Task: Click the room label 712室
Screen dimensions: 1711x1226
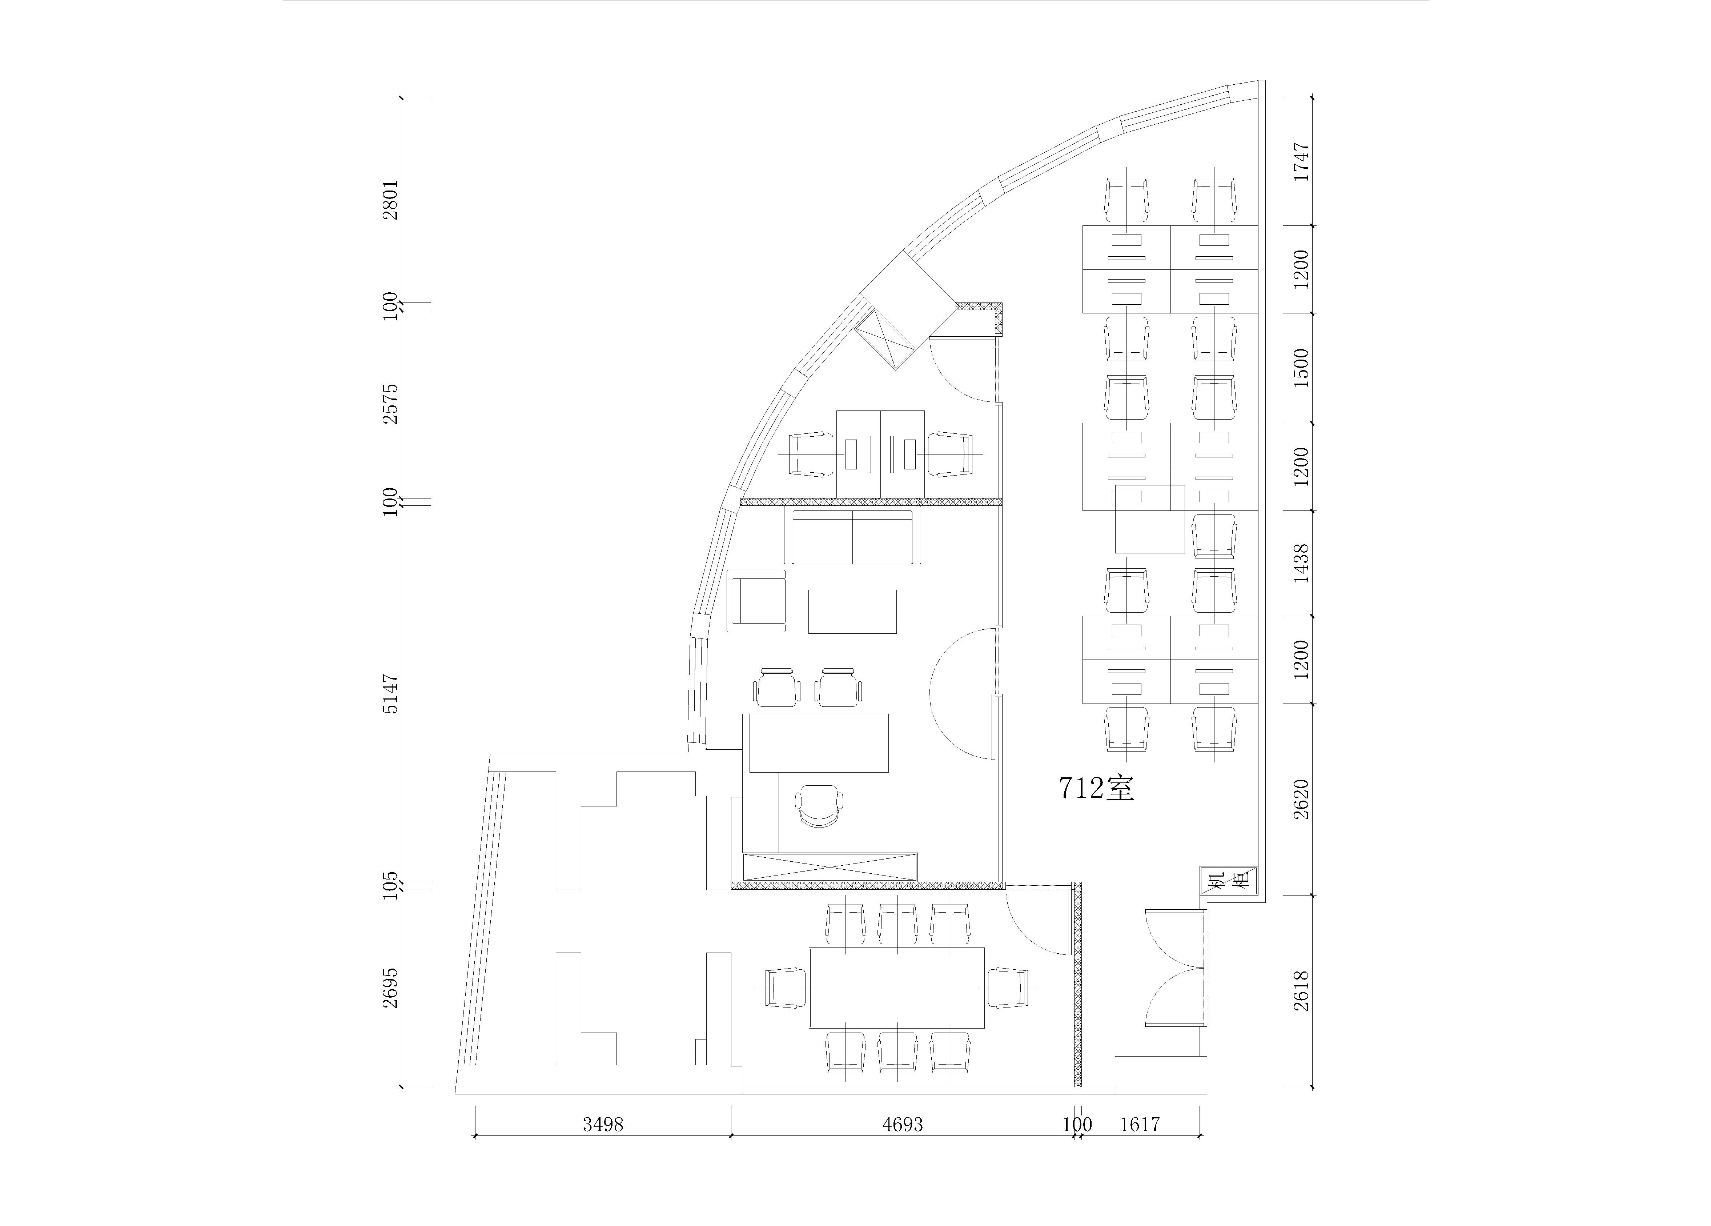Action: coord(1096,788)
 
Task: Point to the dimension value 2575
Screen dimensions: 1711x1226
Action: coord(390,403)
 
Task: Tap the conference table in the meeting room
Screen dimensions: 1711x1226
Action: coord(897,987)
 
